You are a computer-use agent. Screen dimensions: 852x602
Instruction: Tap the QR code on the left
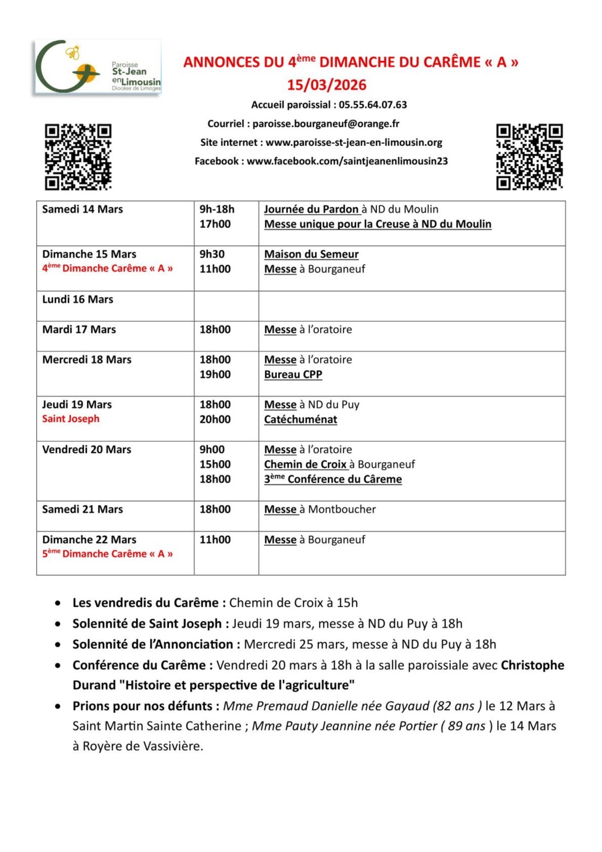click(78, 157)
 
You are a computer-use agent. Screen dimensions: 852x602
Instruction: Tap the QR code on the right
click(529, 157)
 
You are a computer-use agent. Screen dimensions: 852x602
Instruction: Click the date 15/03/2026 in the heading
click(327, 85)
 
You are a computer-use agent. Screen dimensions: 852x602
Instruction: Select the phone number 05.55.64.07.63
click(373, 105)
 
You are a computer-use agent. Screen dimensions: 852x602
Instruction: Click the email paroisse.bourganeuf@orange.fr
click(326, 124)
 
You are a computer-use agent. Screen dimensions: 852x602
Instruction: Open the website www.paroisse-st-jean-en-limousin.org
click(354, 142)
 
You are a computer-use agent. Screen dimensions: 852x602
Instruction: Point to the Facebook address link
click(347, 161)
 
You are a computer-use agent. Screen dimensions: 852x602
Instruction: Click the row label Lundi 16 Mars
click(78, 299)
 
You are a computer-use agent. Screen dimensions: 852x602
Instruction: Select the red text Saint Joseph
click(71, 419)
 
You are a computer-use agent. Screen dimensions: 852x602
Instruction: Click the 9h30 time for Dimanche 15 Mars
click(212, 254)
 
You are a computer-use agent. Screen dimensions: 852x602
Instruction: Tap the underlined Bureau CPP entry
click(293, 374)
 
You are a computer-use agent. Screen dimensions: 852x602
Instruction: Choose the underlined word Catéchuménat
click(300, 419)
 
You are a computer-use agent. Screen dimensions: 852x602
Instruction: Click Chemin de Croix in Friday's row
click(306, 464)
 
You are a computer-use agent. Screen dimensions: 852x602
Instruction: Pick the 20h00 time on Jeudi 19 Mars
click(215, 419)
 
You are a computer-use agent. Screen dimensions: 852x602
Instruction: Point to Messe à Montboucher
click(320, 509)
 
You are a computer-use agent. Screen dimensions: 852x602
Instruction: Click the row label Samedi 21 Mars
click(83, 509)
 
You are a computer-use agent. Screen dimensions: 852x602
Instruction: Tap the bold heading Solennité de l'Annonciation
click(153, 644)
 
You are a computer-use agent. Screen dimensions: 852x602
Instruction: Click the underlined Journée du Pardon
click(311, 209)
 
